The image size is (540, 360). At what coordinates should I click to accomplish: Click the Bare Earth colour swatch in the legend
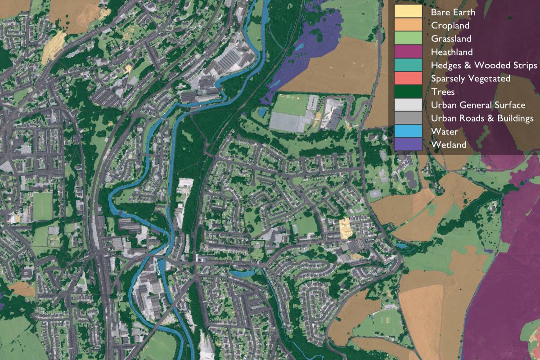tap(408, 12)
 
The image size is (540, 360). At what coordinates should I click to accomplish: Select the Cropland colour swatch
tap(408, 26)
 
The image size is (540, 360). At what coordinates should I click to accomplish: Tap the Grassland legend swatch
tap(408, 39)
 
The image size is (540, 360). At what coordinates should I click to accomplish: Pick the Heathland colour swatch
tap(408, 52)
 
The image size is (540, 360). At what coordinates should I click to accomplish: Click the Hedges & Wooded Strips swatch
tap(408, 65)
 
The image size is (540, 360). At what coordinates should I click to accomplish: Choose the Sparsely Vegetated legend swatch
tap(408, 79)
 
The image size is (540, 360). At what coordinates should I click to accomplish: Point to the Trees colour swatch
tap(408, 92)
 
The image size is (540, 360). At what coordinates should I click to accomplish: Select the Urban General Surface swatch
tap(408, 105)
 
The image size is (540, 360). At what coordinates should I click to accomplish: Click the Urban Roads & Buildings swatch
tap(408, 118)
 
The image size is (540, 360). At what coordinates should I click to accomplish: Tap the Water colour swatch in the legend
tap(408, 132)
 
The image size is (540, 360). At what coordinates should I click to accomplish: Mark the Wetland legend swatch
tap(408, 145)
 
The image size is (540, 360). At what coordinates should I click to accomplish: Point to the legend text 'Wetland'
tap(449, 145)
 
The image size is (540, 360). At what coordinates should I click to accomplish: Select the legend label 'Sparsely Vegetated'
tap(470, 79)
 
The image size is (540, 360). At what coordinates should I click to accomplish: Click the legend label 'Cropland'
tap(450, 26)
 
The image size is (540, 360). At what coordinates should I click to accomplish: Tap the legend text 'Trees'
tap(443, 92)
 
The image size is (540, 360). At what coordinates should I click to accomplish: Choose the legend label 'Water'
tap(444, 132)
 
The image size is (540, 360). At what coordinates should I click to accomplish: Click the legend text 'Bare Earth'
tap(453, 12)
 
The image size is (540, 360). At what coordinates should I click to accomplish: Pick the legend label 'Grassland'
tap(451, 39)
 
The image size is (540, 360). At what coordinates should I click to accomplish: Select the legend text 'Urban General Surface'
tap(478, 105)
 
